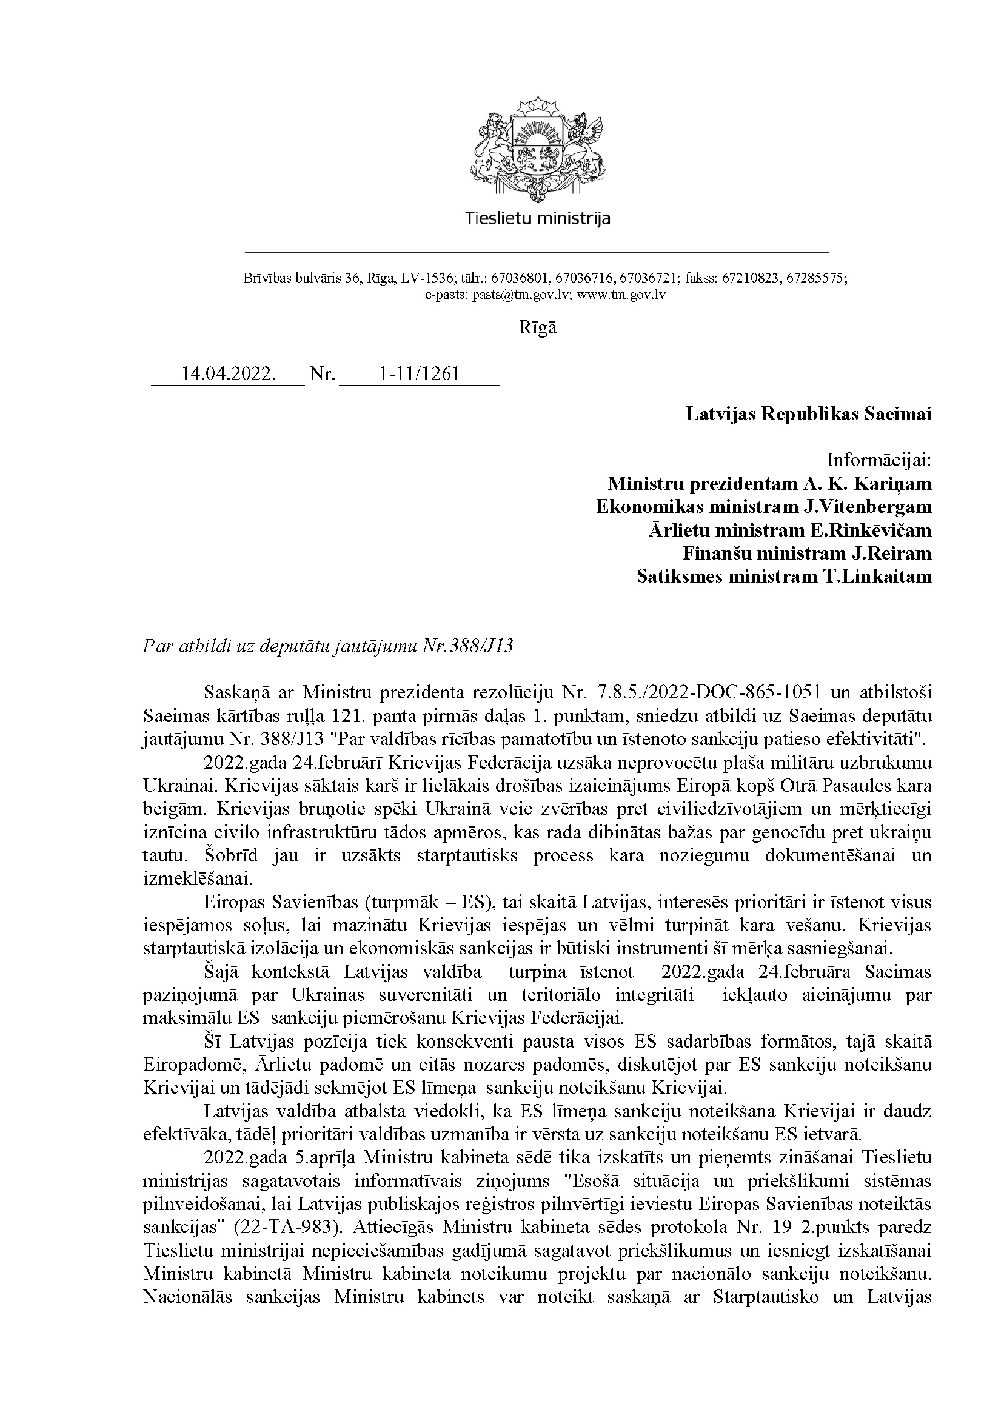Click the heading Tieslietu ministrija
point(537,218)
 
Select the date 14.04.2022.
point(228,374)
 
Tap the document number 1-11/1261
point(419,374)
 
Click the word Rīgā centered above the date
point(537,327)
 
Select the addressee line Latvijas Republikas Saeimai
point(808,414)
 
